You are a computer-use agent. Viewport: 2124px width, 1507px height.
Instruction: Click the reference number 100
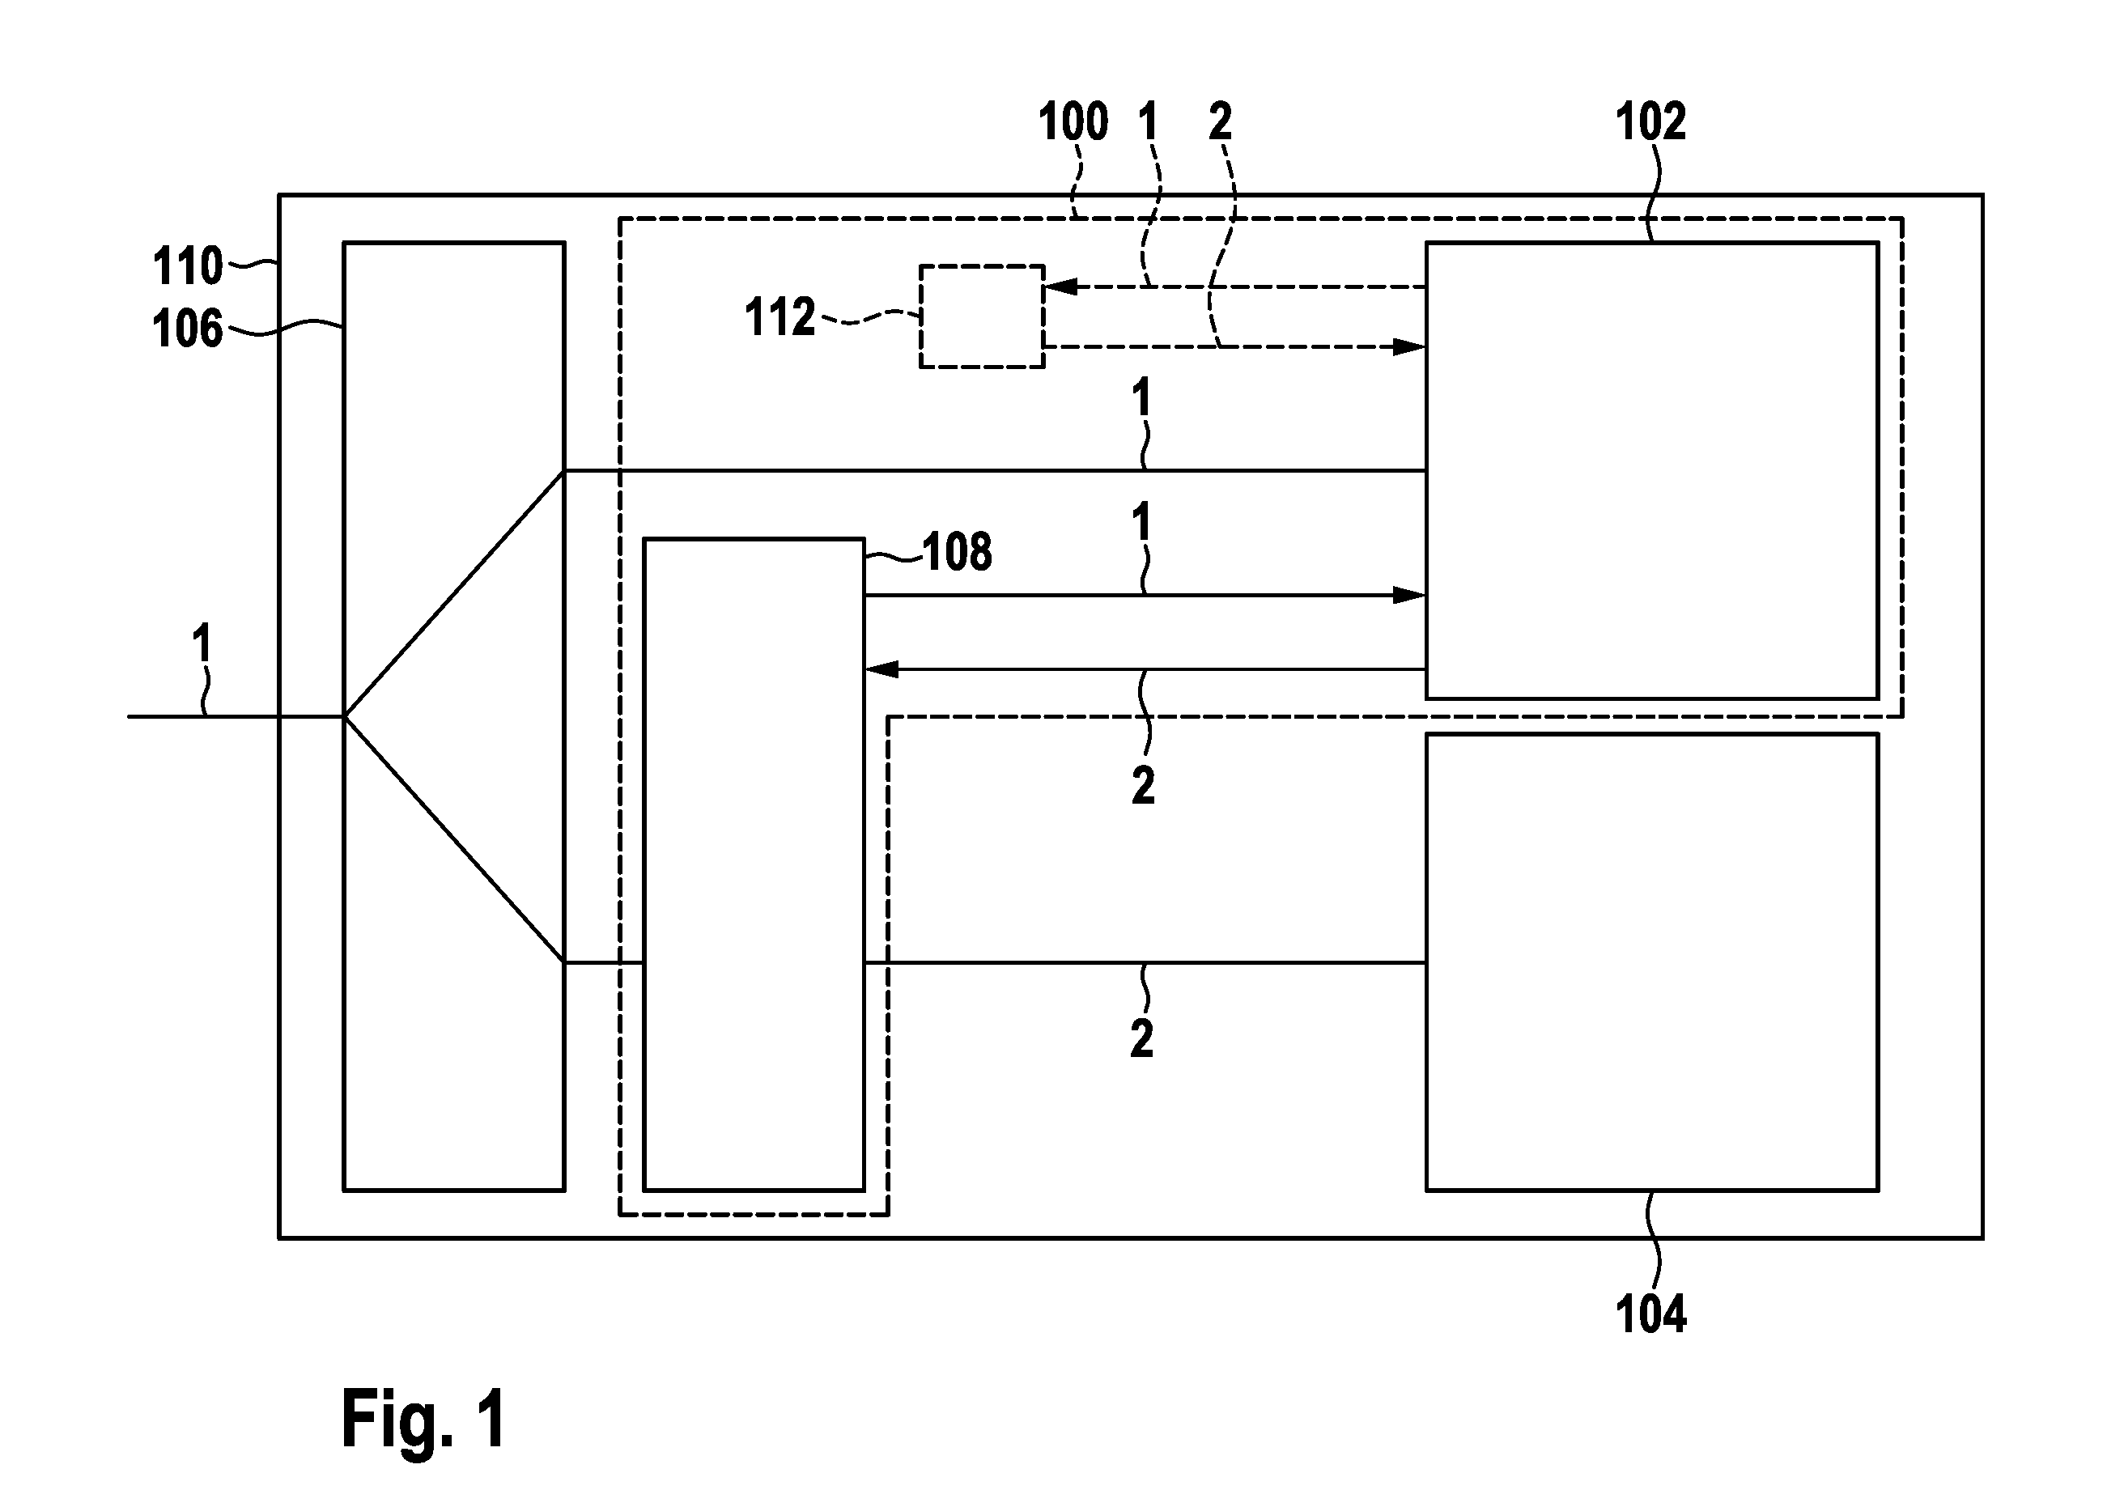pos(1073,122)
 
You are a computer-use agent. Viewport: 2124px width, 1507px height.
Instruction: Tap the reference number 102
pos(1650,121)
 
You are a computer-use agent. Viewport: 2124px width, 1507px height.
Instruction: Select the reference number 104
pos(1650,1314)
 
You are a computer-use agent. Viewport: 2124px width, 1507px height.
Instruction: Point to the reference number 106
pos(188,329)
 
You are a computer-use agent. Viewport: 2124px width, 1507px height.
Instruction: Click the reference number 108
pos(958,552)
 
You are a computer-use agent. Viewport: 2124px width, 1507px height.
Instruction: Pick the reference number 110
pos(188,266)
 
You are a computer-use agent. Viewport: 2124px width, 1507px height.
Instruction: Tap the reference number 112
pos(780,317)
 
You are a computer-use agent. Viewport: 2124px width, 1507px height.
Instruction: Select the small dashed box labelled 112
pos(982,316)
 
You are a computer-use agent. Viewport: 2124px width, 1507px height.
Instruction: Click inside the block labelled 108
pos(754,864)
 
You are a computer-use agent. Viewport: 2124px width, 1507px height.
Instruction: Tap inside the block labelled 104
pos(1652,962)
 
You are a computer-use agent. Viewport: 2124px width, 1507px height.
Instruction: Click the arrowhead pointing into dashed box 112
pos(1060,287)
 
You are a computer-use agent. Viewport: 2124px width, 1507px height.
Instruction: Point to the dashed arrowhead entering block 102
pos(1408,348)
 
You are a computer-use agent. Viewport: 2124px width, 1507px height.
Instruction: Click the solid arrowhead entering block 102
pos(1408,596)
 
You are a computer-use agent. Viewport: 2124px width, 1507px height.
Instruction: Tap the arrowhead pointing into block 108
pos(881,669)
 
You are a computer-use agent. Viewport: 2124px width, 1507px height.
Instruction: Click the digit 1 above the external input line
pos(202,643)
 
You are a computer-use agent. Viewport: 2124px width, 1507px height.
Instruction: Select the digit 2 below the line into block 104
pos(1142,1039)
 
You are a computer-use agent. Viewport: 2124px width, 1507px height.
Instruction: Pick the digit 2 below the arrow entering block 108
pos(1143,786)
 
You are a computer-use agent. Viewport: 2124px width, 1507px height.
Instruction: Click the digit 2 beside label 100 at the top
pos(1220,121)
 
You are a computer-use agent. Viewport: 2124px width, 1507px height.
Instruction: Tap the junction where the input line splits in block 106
pos(344,716)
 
